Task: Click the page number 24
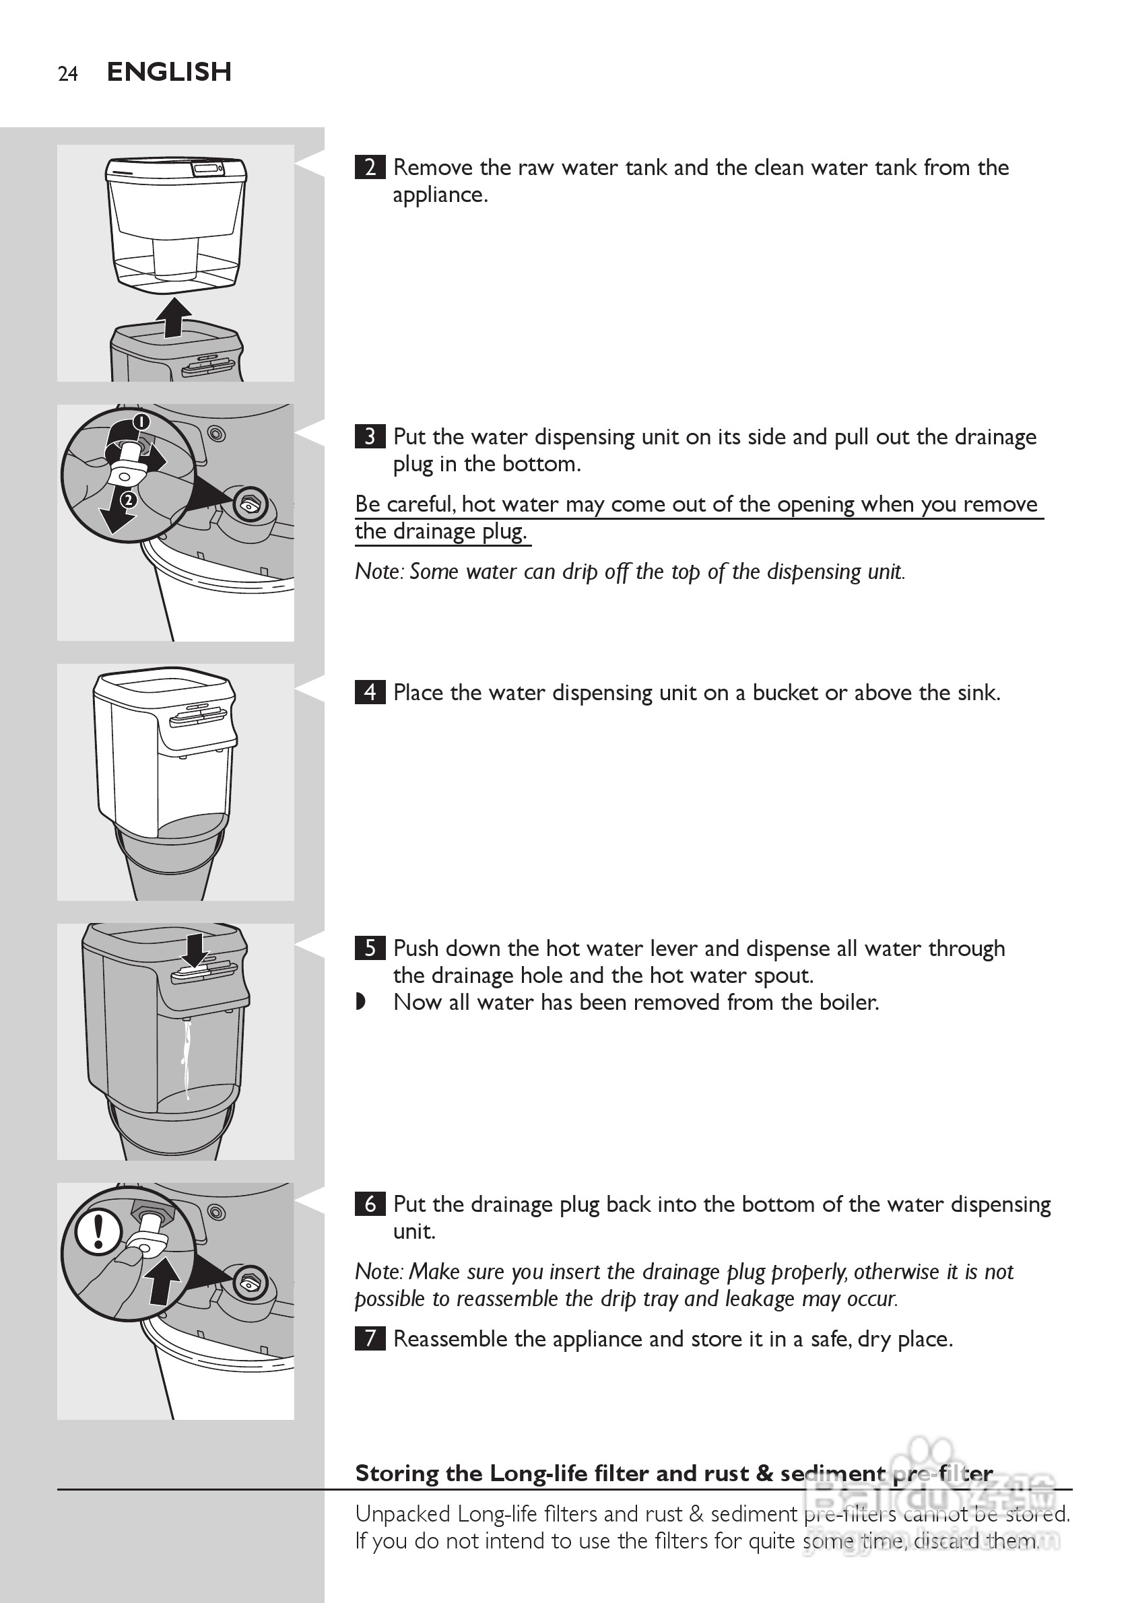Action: coord(68,73)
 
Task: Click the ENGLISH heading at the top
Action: coord(169,71)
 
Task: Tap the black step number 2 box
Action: coord(370,168)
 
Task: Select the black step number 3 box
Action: coord(370,436)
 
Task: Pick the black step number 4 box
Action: coord(370,692)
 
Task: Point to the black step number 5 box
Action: coord(370,948)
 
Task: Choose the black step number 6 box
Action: coord(370,1204)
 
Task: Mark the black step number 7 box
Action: coord(370,1338)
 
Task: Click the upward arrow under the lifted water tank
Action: coord(173,318)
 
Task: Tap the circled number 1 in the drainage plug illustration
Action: coord(142,421)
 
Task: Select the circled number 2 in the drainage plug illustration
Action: coord(128,500)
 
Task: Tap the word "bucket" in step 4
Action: coord(786,693)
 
